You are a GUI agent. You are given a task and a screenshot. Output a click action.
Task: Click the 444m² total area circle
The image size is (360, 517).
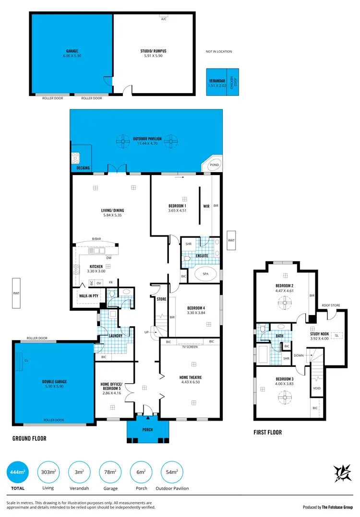(x=18, y=472)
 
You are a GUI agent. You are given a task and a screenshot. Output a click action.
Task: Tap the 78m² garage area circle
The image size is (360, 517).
(x=110, y=472)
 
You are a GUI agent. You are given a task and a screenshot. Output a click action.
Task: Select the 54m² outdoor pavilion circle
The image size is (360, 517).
(x=172, y=472)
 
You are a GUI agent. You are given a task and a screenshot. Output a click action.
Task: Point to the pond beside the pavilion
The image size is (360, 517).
(x=215, y=164)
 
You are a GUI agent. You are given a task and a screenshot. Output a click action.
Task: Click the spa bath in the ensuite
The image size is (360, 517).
(x=206, y=274)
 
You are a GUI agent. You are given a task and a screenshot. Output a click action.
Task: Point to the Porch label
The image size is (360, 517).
(x=147, y=430)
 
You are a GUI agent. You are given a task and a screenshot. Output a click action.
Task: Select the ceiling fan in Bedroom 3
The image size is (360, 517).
(x=283, y=396)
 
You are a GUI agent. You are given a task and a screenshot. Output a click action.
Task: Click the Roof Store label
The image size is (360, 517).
(x=331, y=305)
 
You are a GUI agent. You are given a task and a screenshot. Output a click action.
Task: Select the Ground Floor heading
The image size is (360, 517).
(x=29, y=438)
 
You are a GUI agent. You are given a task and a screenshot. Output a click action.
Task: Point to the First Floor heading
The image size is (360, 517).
(x=267, y=432)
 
